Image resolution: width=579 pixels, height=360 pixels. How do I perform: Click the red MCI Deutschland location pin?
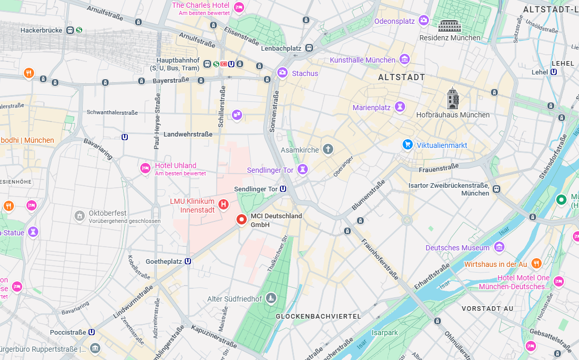pyautogui.click(x=241, y=219)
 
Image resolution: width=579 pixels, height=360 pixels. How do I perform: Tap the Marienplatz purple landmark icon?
pyautogui.click(x=399, y=107)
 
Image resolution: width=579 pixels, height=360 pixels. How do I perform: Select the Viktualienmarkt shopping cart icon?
pyautogui.click(x=408, y=145)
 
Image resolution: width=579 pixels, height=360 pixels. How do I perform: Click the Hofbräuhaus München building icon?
pyautogui.click(x=453, y=99)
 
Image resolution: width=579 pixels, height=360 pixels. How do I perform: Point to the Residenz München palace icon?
pyautogui.click(x=449, y=26)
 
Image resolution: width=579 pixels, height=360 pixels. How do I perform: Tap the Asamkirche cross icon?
pyautogui.click(x=328, y=149)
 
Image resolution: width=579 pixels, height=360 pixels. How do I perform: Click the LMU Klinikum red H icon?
pyautogui.click(x=224, y=205)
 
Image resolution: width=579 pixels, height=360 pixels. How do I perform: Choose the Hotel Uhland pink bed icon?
pyautogui.click(x=145, y=168)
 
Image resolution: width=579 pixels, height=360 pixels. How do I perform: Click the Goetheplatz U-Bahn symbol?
pyautogui.click(x=188, y=261)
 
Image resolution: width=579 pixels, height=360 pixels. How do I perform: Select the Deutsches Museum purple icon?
pyautogui.click(x=499, y=247)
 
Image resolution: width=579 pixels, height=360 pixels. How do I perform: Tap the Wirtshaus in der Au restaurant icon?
pyautogui.click(x=536, y=264)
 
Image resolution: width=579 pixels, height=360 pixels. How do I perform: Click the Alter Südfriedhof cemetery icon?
pyautogui.click(x=271, y=298)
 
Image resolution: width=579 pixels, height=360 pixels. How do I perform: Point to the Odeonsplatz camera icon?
pyautogui.click(x=424, y=21)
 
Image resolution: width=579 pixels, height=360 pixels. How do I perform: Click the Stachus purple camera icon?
pyautogui.click(x=283, y=73)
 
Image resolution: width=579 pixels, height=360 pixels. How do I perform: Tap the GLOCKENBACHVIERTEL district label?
pyautogui.click(x=318, y=316)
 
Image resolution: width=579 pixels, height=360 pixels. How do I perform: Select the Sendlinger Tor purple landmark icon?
pyautogui.click(x=303, y=170)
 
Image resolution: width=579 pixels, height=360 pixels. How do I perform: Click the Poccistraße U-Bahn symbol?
pyautogui.click(x=92, y=332)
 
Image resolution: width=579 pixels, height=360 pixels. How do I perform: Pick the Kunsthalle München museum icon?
pyautogui.click(x=405, y=59)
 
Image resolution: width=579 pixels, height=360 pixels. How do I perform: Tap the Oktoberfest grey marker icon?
pyautogui.click(x=80, y=216)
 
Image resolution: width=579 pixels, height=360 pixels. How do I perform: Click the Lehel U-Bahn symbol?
pyautogui.click(x=554, y=72)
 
